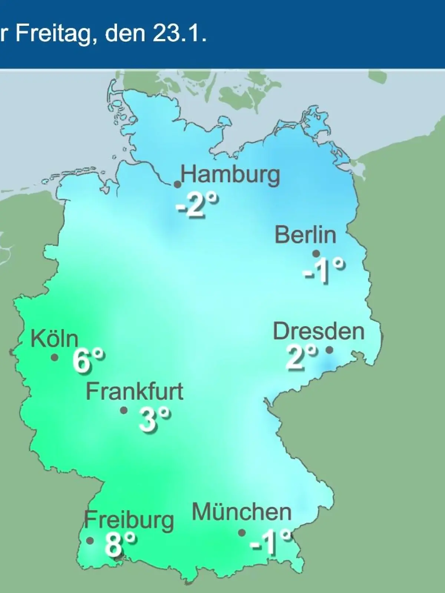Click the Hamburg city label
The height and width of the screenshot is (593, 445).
[x=230, y=175]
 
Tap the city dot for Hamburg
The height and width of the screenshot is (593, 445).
[x=178, y=184]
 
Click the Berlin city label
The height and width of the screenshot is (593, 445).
[x=305, y=235]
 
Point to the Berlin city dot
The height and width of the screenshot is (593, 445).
[x=316, y=254]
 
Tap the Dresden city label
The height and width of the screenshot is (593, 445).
[x=319, y=331]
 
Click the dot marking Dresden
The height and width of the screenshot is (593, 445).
[x=329, y=349]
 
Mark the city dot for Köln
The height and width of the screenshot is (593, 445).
[x=55, y=358]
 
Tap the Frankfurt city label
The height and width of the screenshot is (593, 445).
[x=135, y=391]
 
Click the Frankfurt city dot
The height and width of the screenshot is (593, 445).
[x=124, y=410]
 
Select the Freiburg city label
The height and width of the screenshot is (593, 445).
[x=129, y=520]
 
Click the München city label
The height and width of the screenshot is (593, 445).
[x=241, y=513]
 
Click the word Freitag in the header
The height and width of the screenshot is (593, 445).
[x=53, y=34]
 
